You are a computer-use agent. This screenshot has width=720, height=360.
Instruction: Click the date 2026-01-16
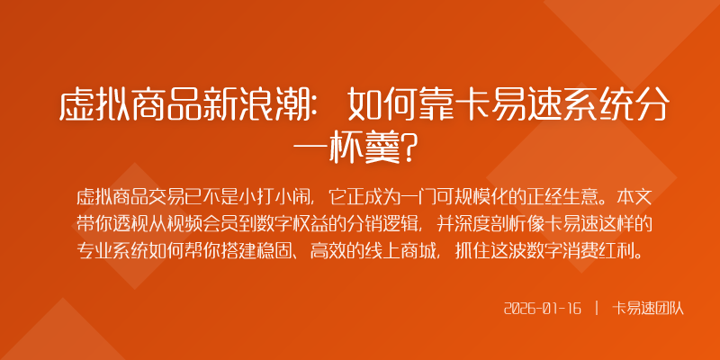543,309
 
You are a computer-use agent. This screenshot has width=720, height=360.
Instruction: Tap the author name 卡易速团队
649,309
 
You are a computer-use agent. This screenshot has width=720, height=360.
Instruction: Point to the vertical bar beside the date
597,309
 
